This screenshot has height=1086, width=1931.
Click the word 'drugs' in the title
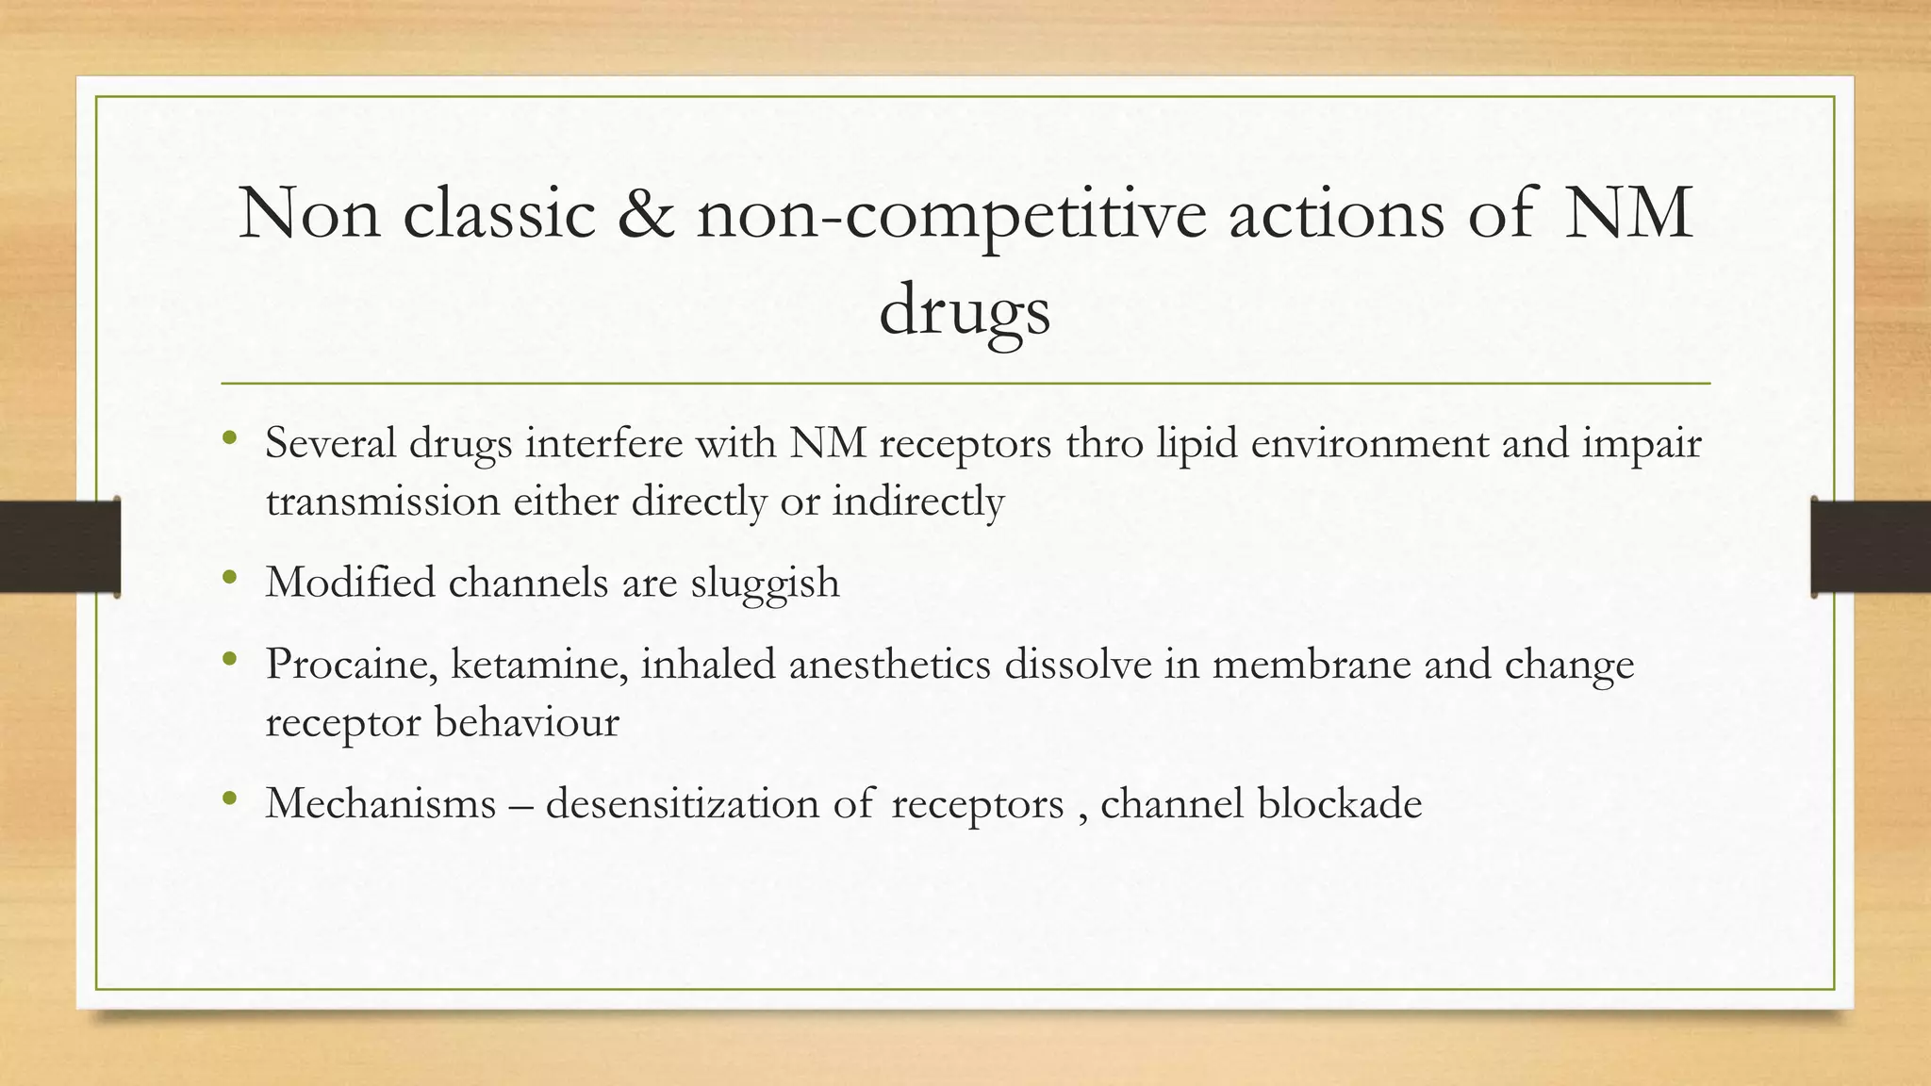964,311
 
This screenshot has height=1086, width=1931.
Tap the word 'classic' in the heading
500,215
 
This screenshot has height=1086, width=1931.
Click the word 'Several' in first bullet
330,443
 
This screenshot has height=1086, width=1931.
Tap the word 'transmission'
382,502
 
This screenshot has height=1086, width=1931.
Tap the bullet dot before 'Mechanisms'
229,800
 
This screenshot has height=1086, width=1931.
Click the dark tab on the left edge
59,547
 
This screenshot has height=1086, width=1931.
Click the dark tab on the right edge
1871,547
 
